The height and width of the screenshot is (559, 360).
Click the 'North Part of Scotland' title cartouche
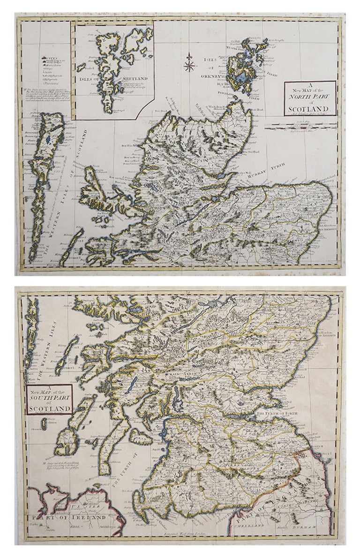click(310, 98)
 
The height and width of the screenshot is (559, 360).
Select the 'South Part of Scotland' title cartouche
click(49, 400)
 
